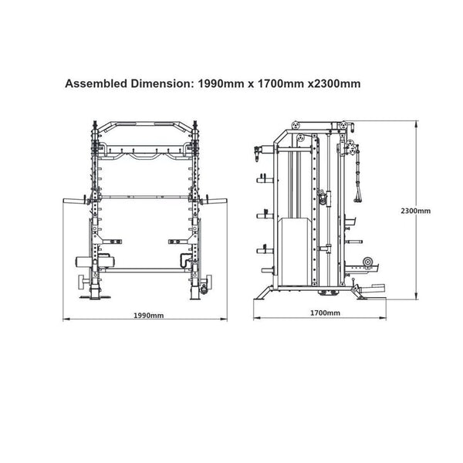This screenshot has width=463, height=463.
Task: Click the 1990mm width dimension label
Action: coord(148,316)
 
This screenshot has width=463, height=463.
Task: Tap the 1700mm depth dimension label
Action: coord(325,313)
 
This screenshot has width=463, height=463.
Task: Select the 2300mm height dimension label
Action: coord(415,211)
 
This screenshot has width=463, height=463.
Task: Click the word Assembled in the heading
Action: coord(96,83)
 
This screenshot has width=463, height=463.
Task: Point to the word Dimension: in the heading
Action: coord(162,83)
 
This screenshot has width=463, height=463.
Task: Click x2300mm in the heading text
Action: coord(334,83)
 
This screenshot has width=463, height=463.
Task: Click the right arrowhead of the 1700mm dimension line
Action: coord(383,318)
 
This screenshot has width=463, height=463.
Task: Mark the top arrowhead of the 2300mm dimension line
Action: coord(417,123)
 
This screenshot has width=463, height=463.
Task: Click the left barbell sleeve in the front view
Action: coord(74,201)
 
